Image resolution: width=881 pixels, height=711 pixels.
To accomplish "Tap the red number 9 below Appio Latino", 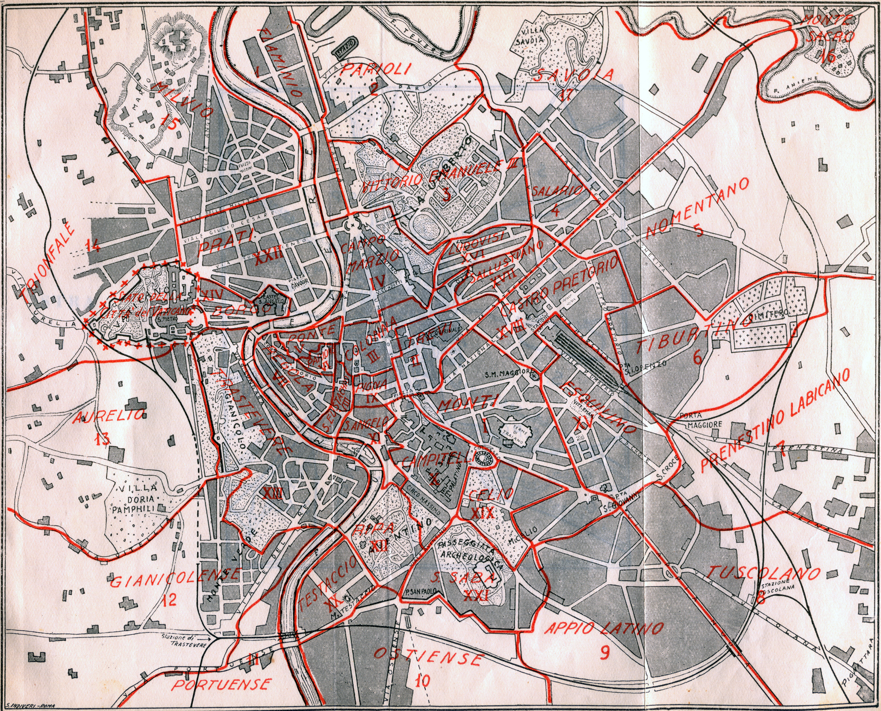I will pyautogui.click(x=604, y=652).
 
